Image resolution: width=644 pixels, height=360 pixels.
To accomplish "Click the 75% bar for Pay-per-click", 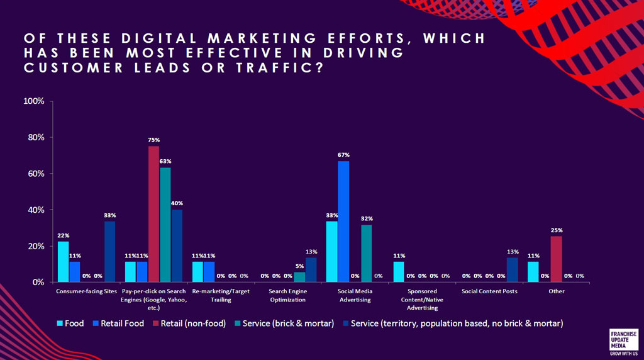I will [153, 214].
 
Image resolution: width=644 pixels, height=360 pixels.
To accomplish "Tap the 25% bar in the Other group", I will [556, 259].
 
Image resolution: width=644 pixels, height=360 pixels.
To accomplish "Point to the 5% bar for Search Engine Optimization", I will [299, 277].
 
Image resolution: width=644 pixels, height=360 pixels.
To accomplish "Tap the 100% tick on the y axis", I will [33, 101].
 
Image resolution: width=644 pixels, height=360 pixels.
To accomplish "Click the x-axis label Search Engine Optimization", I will [287, 295].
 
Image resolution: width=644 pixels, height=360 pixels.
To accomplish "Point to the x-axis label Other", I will [556, 291].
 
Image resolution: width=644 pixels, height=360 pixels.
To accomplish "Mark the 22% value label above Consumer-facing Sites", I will [63, 235].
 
